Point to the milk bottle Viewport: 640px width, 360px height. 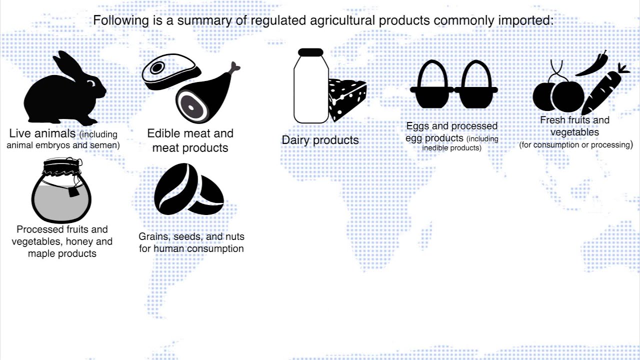pos(310,90)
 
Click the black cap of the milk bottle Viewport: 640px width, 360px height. pos(310,52)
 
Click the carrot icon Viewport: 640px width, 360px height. pos(602,92)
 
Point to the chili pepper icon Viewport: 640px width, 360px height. pos(593,65)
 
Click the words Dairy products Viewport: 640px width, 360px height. pos(320,140)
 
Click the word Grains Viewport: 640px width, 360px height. pos(153,236)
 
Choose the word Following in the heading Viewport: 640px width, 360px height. pos(120,20)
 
